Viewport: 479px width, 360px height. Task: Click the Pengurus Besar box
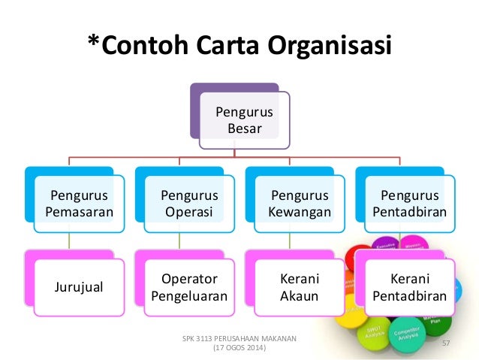click(x=244, y=120)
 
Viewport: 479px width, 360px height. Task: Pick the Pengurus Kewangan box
click(x=300, y=204)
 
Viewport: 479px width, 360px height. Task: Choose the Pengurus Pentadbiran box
click(x=409, y=204)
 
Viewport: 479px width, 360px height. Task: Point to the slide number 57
click(x=445, y=343)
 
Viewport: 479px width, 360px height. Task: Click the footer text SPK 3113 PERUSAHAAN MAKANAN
click(x=239, y=340)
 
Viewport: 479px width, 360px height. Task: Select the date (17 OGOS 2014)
click(x=239, y=350)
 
